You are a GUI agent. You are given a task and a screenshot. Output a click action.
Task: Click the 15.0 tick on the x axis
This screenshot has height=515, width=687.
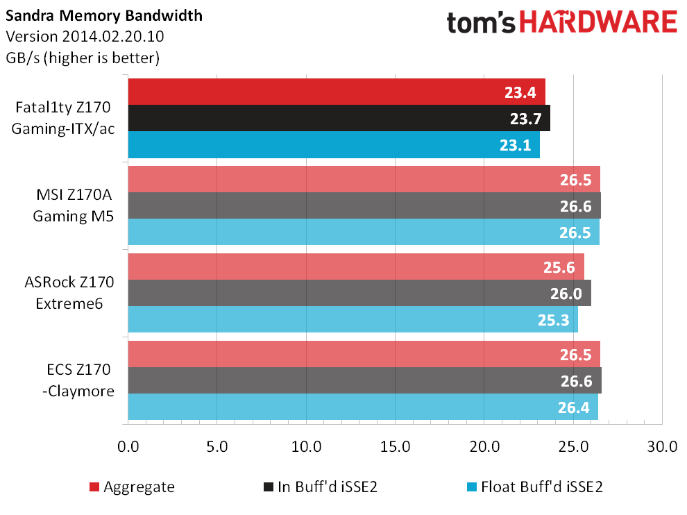click(395, 446)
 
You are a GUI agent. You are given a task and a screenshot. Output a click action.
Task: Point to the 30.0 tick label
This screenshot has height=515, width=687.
click(662, 446)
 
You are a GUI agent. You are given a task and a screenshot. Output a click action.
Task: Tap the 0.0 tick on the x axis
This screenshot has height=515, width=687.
click(128, 446)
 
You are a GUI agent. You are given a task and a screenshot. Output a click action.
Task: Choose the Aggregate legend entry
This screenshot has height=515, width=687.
click(138, 487)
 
